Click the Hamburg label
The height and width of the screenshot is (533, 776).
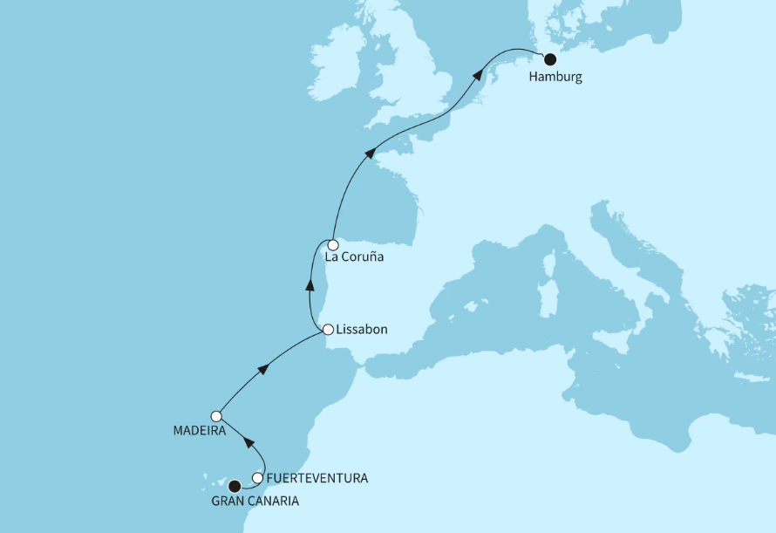tap(555, 77)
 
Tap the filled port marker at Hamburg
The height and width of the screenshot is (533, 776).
tap(550, 59)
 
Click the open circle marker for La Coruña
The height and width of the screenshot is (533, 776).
tap(333, 245)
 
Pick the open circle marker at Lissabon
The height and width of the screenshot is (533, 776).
tap(328, 330)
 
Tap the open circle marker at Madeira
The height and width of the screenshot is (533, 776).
tap(216, 416)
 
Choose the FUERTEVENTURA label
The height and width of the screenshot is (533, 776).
tap(317, 478)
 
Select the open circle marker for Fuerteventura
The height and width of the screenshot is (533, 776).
tap(257, 477)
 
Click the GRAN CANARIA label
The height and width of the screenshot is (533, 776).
tap(255, 502)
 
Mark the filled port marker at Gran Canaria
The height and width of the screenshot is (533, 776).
tap(233, 487)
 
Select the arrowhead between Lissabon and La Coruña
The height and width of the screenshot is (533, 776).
tap(309, 284)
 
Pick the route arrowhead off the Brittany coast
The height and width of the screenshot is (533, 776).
tap(370, 153)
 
